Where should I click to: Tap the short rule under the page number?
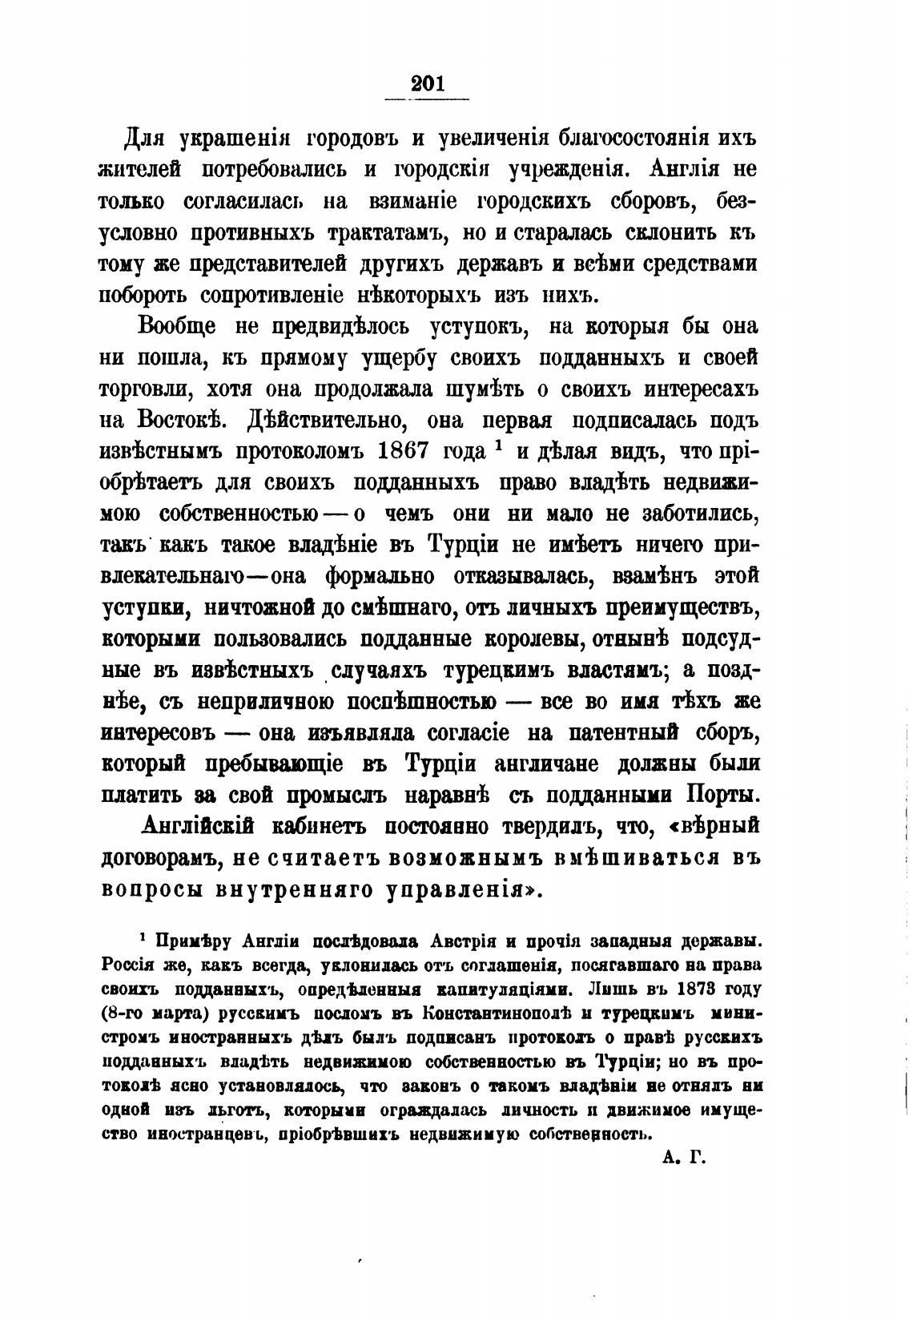click(427, 99)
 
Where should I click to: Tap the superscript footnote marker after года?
click(498, 446)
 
